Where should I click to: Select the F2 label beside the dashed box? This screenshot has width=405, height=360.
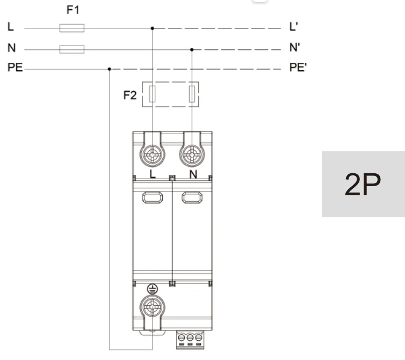pyautogui.click(x=130, y=95)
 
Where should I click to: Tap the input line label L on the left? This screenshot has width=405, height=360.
pyautogui.click(x=10, y=27)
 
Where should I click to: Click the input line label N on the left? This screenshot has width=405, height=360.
pyautogui.click(x=11, y=48)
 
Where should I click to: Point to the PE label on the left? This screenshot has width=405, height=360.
pyautogui.click(x=15, y=69)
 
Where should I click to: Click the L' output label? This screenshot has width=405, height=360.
pyautogui.click(x=292, y=27)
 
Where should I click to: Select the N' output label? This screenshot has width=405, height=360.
pyautogui.click(x=294, y=48)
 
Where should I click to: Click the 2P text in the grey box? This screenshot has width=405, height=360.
pyautogui.click(x=363, y=185)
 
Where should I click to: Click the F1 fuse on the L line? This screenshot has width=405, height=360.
pyautogui.click(x=71, y=28)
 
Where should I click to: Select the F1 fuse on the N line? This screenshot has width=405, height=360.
pyautogui.click(x=71, y=49)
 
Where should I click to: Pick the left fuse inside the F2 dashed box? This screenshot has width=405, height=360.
pyautogui.click(x=153, y=94)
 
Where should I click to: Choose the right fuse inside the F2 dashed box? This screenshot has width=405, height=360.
pyautogui.click(x=192, y=94)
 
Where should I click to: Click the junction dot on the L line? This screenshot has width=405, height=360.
pyautogui.click(x=153, y=28)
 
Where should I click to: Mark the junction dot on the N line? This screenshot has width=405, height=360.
pyautogui.click(x=192, y=49)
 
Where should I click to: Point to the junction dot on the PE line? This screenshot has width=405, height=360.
pyautogui.click(x=110, y=69)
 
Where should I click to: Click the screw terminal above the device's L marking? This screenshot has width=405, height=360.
pyautogui.click(x=153, y=156)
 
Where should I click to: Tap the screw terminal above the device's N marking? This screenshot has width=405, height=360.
pyautogui.click(x=192, y=156)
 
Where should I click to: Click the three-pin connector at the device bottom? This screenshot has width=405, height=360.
pyautogui.click(x=190, y=339)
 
